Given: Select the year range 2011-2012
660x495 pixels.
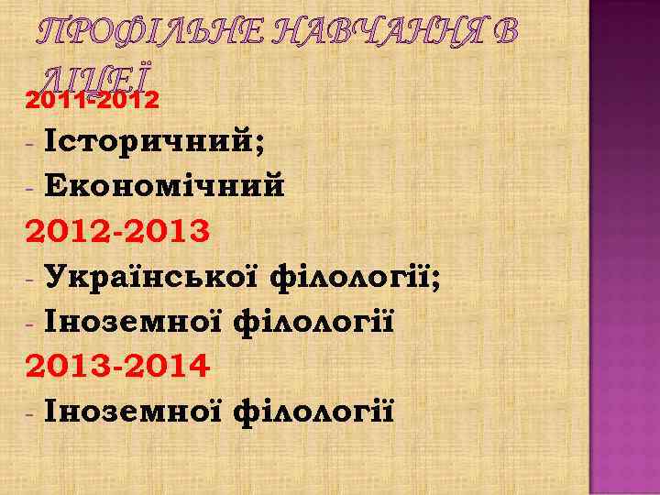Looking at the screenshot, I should tap(93, 97).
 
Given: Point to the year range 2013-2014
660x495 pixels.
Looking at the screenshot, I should tap(117, 367).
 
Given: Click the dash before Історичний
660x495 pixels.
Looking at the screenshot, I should tap(31, 145).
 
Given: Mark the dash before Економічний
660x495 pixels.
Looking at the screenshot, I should tap(31, 188).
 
